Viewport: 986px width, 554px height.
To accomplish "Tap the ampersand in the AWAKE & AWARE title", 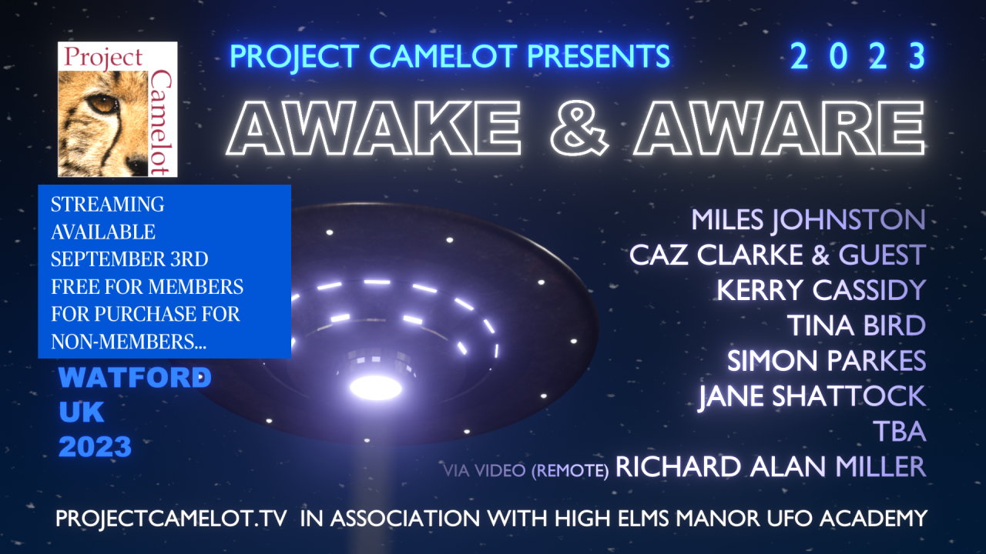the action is coord(580,128).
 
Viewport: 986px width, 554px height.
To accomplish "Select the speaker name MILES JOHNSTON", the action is coord(808,219).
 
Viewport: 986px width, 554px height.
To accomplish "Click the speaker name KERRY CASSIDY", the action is coord(821,290).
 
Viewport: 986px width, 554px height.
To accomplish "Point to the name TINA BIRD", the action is coord(857,325).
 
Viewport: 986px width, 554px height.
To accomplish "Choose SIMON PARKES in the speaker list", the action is coord(827,361).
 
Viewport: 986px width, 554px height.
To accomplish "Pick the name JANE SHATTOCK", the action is coord(812,396).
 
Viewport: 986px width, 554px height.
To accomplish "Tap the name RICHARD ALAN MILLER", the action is coord(771,466).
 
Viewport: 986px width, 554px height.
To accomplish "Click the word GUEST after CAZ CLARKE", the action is coord(882,255).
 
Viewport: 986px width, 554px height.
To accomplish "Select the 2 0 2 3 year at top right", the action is coord(858,56).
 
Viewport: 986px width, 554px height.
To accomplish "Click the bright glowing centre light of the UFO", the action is coord(376,388).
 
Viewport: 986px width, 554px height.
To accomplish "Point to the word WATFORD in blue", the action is coord(135,377).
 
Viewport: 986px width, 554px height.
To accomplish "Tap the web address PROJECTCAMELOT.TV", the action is coord(171,518).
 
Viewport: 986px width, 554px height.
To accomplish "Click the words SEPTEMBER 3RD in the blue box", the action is coord(129,259).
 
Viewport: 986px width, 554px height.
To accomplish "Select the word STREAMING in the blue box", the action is coord(107,205).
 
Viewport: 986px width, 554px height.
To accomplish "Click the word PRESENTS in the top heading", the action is coord(599,56).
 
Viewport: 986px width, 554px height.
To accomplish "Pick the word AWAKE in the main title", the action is coord(373,128).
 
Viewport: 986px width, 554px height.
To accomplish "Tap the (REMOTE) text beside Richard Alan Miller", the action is coord(570,470).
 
